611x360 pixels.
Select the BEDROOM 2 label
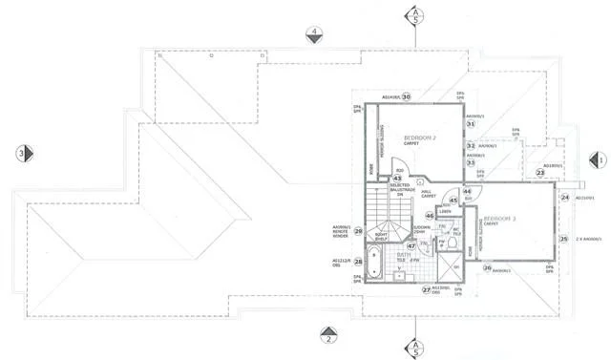(420, 138)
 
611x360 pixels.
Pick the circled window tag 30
(406, 96)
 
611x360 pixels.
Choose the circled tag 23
(539, 173)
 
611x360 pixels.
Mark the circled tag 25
(563, 239)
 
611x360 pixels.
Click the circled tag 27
(427, 289)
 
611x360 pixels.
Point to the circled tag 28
(358, 261)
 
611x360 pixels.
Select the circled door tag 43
(396, 178)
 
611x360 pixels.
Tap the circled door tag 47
(411, 245)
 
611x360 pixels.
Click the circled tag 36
(487, 267)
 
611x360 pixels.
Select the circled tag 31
(471, 124)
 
